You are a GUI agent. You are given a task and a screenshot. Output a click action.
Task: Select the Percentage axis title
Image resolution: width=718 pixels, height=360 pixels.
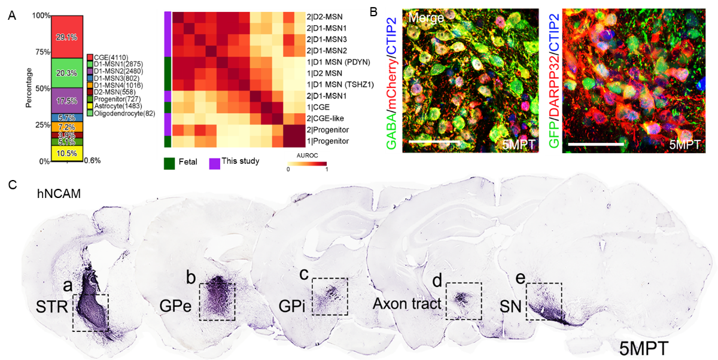click(29, 89)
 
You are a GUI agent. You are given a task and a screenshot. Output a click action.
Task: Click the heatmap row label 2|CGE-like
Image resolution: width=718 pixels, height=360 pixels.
click(325, 118)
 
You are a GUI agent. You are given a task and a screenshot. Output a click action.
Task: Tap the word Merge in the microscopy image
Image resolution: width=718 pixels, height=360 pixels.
click(426, 19)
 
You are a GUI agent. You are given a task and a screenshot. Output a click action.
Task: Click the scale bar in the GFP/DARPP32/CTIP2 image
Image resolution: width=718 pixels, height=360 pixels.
click(595, 143)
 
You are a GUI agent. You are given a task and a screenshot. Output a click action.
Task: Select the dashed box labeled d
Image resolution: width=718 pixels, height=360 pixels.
click(463, 301)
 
